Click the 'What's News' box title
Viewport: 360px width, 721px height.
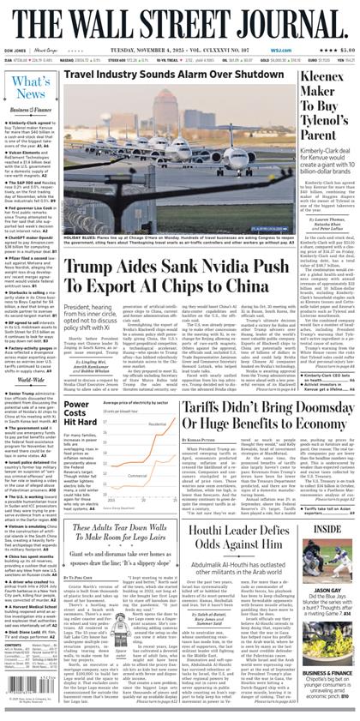(x=31, y=87)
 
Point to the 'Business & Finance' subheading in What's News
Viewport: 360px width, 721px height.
(x=30, y=111)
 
